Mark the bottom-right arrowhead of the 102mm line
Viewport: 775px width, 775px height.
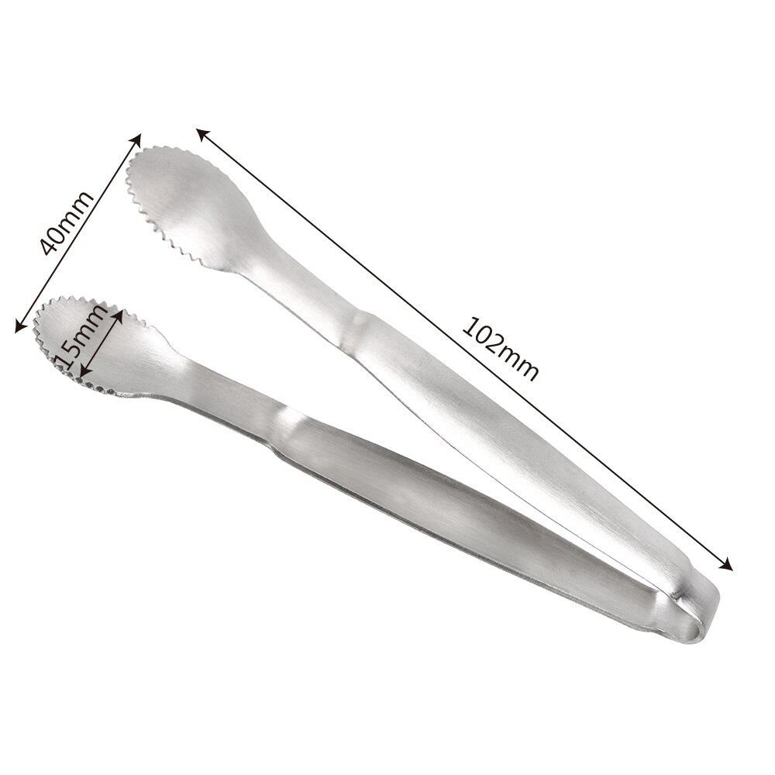pos(728,566)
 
